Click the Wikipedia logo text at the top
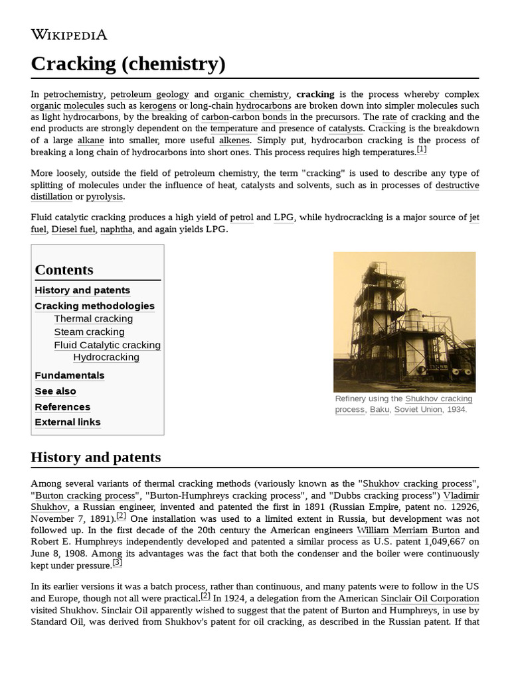pos(68,34)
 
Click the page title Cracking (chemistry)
pos(128,64)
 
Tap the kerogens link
pos(157,106)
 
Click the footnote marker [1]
pos(422,150)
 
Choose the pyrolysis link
pos(105,197)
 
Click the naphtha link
pos(116,229)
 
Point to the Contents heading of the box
pos(64,270)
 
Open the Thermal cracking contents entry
pos(93,319)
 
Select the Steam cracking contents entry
pos(89,332)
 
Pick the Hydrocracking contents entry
pos(106,357)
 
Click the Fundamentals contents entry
pos(69,375)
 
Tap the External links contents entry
pos(68,422)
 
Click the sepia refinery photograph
pos(404,322)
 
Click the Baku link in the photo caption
pos(379,410)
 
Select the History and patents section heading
pos(96,458)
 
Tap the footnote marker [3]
pos(118,563)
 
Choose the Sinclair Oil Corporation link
pos(430,599)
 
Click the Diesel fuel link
pos(73,229)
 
